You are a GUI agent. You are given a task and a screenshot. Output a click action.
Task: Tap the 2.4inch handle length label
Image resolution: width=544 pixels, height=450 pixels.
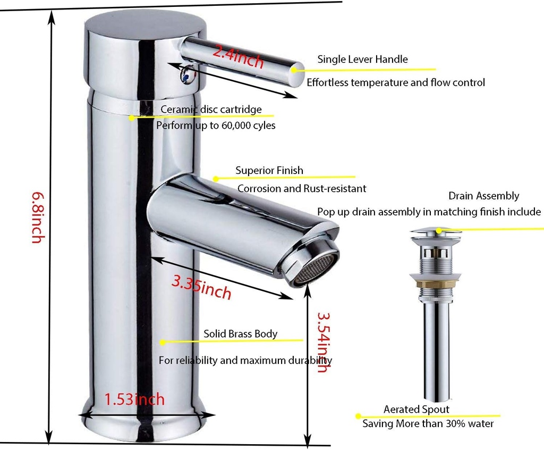(238, 56)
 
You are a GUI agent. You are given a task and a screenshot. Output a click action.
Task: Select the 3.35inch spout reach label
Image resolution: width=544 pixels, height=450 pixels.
(201, 287)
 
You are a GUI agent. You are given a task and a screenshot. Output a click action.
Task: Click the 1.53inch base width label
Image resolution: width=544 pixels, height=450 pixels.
(134, 398)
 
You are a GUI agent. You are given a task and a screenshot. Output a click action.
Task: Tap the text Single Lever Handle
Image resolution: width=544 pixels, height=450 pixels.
(362, 59)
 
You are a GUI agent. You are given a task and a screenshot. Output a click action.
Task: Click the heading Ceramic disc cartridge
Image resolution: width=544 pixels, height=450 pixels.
(211, 109)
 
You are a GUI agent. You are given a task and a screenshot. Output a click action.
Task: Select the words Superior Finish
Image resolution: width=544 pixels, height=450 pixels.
(269, 170)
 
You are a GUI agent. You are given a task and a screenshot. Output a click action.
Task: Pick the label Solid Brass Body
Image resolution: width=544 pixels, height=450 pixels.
(240, 334)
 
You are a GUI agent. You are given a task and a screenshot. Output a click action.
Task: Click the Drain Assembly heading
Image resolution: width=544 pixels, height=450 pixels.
(483, 196)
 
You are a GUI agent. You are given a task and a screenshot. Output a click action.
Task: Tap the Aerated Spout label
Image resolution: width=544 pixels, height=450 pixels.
(416, 409)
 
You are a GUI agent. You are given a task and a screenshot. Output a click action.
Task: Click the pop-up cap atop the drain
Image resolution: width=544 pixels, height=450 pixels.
(436, 232)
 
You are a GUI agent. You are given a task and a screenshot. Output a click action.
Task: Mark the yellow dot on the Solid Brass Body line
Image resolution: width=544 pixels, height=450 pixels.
(163, 342)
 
